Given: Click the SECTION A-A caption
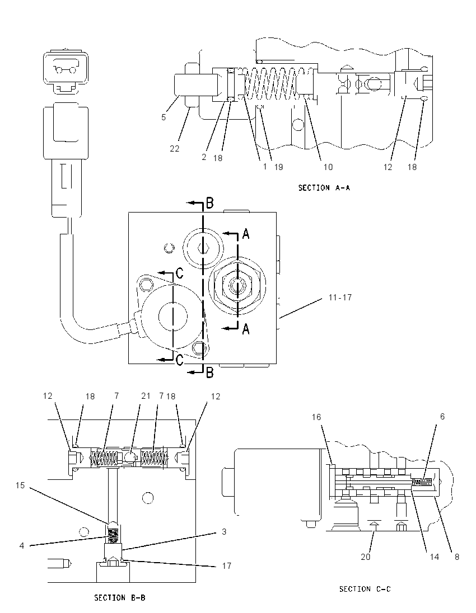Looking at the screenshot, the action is tap(324, 188).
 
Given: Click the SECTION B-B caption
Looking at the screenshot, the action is tap(120, 598).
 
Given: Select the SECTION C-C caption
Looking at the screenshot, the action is tap(365, 589).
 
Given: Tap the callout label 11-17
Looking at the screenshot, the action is tap(340, 298).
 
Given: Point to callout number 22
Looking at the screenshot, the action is tap(175, 149).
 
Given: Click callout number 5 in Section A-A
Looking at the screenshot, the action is tap(164, 117).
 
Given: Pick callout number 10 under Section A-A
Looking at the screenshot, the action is tap(328, 167).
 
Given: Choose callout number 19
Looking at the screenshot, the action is tap(278, 167).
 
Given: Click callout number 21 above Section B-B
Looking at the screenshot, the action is tap(146, 395).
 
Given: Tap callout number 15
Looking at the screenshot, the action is tap(20, 485).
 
